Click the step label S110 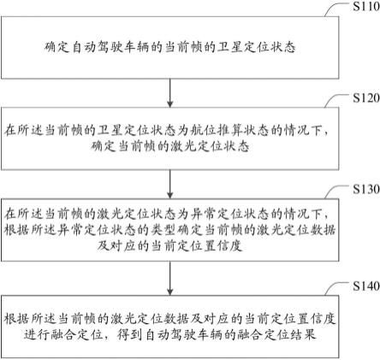pyautogui.click(x=366, y=6)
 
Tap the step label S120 pyautogui.click(x=366, y=97)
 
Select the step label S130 pyautogui.click(x=366, y=189)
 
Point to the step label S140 pyautogui.click(x=366, y=286)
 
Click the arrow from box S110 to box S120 pyautogui.click(x=170, y=93)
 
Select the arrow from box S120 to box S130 pyautogui.click(x=170, y=184)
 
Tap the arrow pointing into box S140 pyautogui.click(x=170, y=278)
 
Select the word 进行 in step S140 pyautogui.click(x=37, y=334)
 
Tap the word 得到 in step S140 pyautogui.click(x=130, y=334)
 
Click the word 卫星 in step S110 pyautogui.click(x=229, y=47)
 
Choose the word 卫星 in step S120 pyautogui.click(x=110, y=130)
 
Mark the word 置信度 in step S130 pyautogui.click(x=223, y=245)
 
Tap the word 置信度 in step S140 pyautogui.click(x=317, y=318)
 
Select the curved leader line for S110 pyautogui.click(x=338, y=8)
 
